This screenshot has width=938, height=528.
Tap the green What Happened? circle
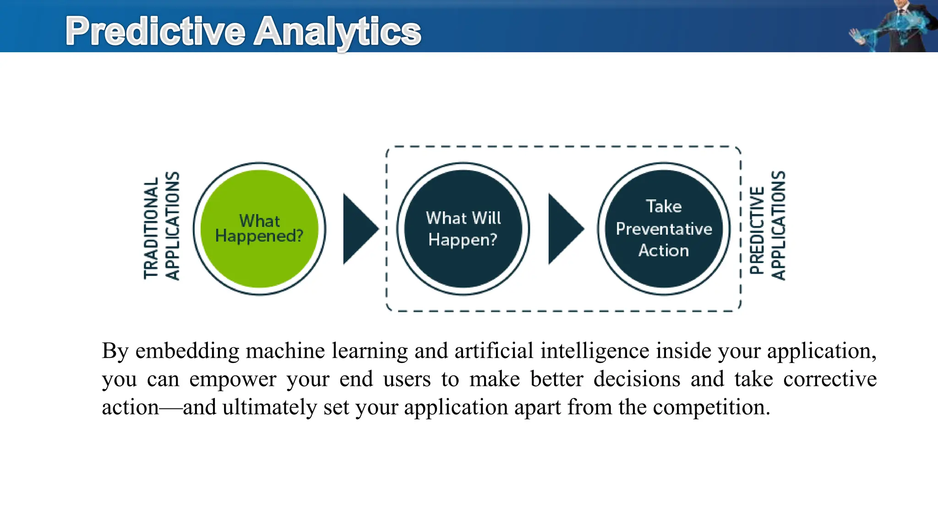coord(259,228)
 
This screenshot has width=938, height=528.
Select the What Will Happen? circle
coord(463,228)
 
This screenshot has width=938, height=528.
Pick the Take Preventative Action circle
coord(664,228)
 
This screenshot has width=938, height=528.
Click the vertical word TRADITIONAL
coord(151,228)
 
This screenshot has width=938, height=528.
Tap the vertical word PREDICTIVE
coord(757,230)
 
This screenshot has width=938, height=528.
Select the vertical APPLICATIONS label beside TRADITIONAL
coord(172,225)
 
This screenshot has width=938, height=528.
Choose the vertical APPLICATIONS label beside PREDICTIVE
coord(778,225)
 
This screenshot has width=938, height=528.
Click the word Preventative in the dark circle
coord(664,229)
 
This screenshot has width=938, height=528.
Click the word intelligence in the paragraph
coord(594,351)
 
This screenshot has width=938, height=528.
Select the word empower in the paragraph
coord(233,379)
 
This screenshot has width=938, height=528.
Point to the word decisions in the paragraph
coord(637,379)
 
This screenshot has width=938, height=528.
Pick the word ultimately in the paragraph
coord(270,407)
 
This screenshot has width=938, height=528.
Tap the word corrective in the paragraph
coord(829,379)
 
